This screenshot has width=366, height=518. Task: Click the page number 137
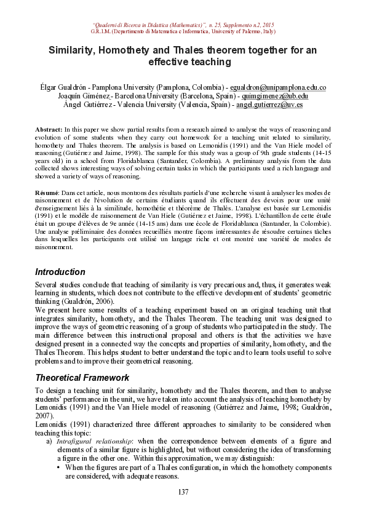point(183,492)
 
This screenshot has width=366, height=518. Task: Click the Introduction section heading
point(60,271)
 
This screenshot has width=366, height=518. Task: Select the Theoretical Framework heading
point(82,377)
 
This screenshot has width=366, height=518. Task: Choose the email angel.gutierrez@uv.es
point(269,105)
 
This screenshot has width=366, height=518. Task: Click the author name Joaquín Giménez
point(84,97)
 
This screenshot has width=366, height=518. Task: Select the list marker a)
point(49,442)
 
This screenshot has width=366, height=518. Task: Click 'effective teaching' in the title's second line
point(183,62)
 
